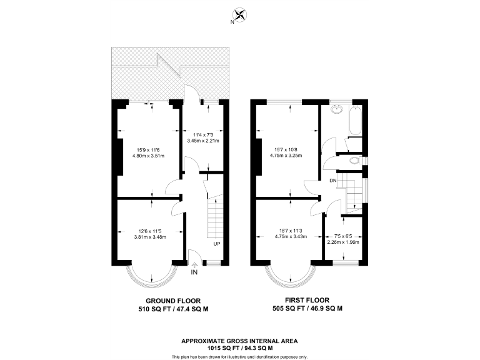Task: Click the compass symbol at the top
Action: (x=240, y=15)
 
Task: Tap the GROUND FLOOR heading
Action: (x=173, y=300)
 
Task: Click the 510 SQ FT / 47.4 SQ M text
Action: (x=173, y=309)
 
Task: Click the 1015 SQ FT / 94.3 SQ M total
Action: (x=239, y=349)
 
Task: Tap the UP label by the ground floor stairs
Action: (x=217, y=244)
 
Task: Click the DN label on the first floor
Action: (x=334, y=181)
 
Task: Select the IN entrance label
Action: (x=194, y=273)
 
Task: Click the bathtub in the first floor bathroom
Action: (x=354, y=121)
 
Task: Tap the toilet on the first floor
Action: (x=356, y=161)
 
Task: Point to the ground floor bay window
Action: (x=151, y=273)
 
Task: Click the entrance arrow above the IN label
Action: (x=194, y=265)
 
